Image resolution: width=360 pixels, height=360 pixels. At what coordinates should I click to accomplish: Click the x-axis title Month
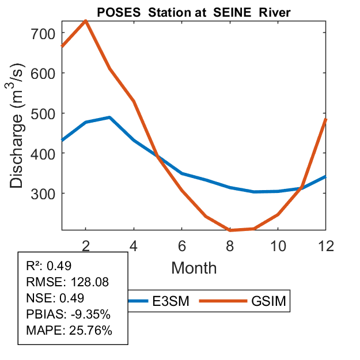[194, 268]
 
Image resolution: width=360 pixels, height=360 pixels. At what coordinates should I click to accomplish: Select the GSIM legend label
[269, 301]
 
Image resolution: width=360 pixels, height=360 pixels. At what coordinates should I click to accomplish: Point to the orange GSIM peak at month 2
[85, 21]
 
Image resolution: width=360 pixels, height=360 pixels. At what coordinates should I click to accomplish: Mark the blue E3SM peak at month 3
[109, 118]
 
